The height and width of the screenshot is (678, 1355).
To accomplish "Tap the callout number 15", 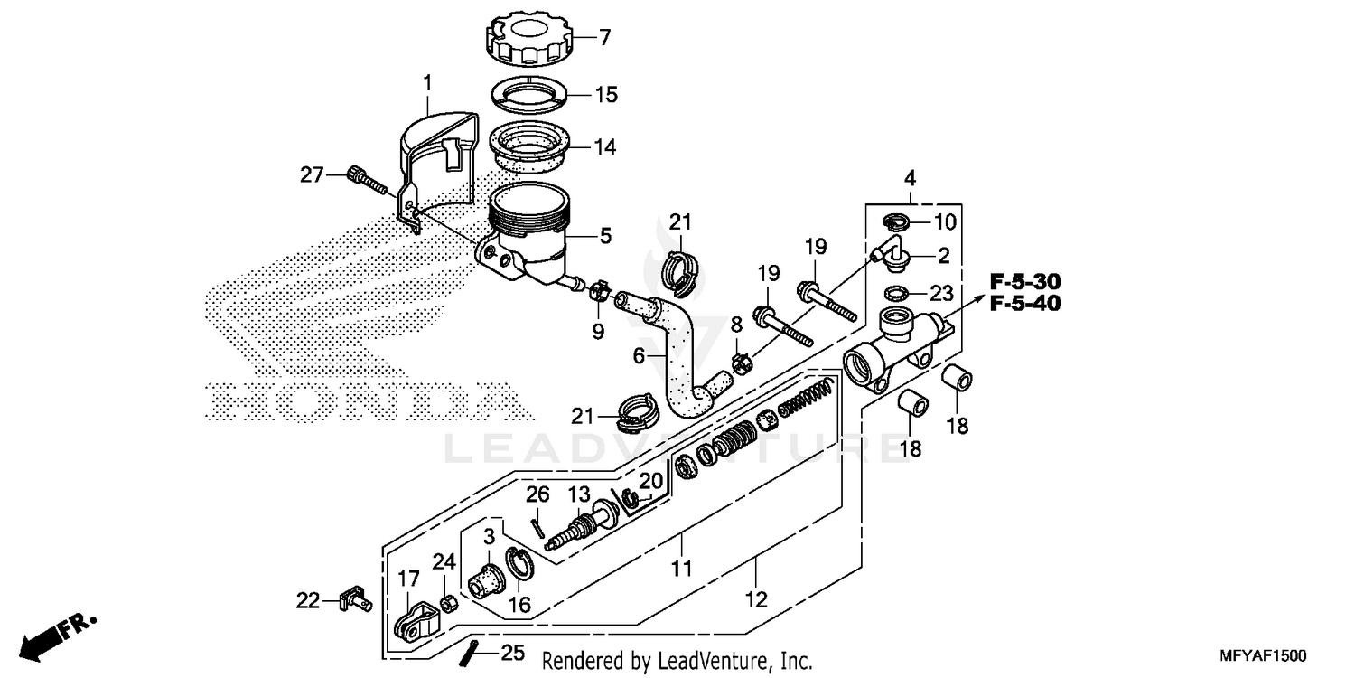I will [606, 94].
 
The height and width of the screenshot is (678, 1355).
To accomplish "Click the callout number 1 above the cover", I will [428, 84].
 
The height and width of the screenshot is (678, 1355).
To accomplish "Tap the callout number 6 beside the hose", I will [638, 356].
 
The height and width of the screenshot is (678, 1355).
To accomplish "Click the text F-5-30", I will [1023, 281].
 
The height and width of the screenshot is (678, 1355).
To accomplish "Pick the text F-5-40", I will [1023, 304].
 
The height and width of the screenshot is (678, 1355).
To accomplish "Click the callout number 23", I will [942, 293].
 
